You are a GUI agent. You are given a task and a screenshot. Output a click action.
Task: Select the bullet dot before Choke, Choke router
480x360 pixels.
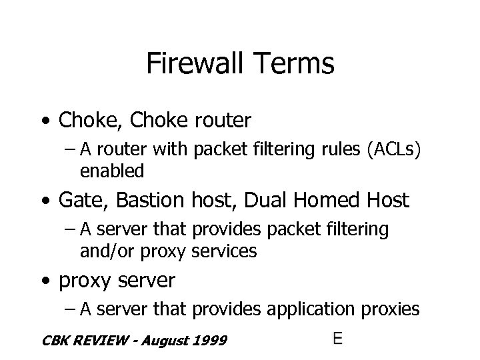click(44, 122)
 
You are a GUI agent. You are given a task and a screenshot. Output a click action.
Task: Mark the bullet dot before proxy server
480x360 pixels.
click(44, 281)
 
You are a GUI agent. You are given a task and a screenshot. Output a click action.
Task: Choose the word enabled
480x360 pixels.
click(111, 171)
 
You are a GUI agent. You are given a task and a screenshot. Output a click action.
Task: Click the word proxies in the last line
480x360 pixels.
click(387, 309)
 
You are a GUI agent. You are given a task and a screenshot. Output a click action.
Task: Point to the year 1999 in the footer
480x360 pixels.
click(210, 341)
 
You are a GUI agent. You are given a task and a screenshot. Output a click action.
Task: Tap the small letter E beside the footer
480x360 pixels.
click(338, 339)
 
